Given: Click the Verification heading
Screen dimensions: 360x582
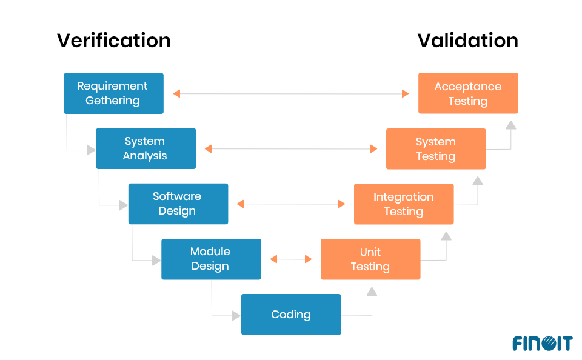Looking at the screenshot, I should pyautogui.click(x=113, y=41).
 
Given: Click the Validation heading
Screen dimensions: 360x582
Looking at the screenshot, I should pyautogui.click(x=467, y=41).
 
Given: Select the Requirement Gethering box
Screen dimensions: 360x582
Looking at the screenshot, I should pyautogui.click(x=113, y=93).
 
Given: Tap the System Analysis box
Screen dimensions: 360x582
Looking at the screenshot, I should pyautogui.click(x=145, y=148).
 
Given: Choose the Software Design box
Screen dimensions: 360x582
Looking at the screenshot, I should pyautogui.click(x=178, y=204).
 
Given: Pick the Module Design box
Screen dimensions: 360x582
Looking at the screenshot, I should pyautogui.click(x=211, y=259).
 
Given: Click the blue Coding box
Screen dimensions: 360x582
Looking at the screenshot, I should pyautogui.click(x=291, y=314).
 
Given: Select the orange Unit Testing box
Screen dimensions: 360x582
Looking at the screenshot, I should pyautogui.click(x=370, y=259).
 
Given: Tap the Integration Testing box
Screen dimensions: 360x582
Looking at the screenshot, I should pyautogui.click(x=404, y=204).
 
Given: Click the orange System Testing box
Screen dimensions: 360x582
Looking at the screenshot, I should pyautogui.click(x=435, y=149).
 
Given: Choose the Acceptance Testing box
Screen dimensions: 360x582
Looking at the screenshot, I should pyautogui.click(x=468, y=93).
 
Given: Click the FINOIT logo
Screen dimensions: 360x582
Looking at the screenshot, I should pyautogui.click(x=542, y=343).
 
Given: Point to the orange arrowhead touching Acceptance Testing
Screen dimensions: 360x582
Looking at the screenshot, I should pyautogui.click(x=405, y=93).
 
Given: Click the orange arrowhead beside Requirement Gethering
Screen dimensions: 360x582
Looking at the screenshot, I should pyautogui.click(x=176, y=93).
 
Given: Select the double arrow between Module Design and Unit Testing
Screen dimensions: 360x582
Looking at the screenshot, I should pyautogui.click(x=291, y=259).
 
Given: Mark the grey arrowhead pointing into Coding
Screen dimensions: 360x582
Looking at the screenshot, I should pyautogui.click(x=236, y=315).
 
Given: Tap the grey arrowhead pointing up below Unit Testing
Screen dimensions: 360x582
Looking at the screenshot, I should pyautogui.click(x=372, y=292).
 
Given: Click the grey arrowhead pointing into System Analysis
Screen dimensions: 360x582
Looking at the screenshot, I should pyautogui.click(x=91, y=149).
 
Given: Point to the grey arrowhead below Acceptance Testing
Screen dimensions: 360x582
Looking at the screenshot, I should pyautogui.click(x=510, y=125).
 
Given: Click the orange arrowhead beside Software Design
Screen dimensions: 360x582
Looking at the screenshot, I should pyautogui.click(x=241, y=204).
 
